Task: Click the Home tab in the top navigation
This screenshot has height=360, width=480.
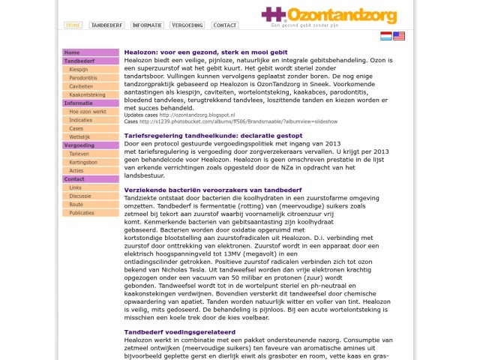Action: click(x=73, y=25)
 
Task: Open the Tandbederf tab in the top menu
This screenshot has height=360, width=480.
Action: click(x=106, y=25)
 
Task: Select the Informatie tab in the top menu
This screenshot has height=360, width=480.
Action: click(x=147, y=25)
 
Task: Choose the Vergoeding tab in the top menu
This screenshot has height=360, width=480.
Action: click(x=187, y=25)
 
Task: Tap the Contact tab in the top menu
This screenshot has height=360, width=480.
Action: click(x=225, y=25)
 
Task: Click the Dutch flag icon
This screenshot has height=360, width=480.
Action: click(x=385, y=36)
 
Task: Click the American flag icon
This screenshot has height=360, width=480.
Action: click(x=399, y=36)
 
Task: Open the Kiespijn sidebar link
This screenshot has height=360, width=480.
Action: click(x=78, y=69)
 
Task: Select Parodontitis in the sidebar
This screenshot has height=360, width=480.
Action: click(x=82, y=78)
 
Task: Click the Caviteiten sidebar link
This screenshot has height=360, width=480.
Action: click(x=81, y=86)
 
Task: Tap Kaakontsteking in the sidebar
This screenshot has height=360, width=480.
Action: click(x=87, y=95)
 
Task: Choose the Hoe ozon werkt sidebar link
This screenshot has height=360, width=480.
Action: click(x=87, y=112)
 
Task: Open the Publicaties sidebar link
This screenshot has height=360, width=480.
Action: click(x=82, y=213)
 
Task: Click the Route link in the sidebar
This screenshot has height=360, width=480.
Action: click(x=76, y=204)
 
